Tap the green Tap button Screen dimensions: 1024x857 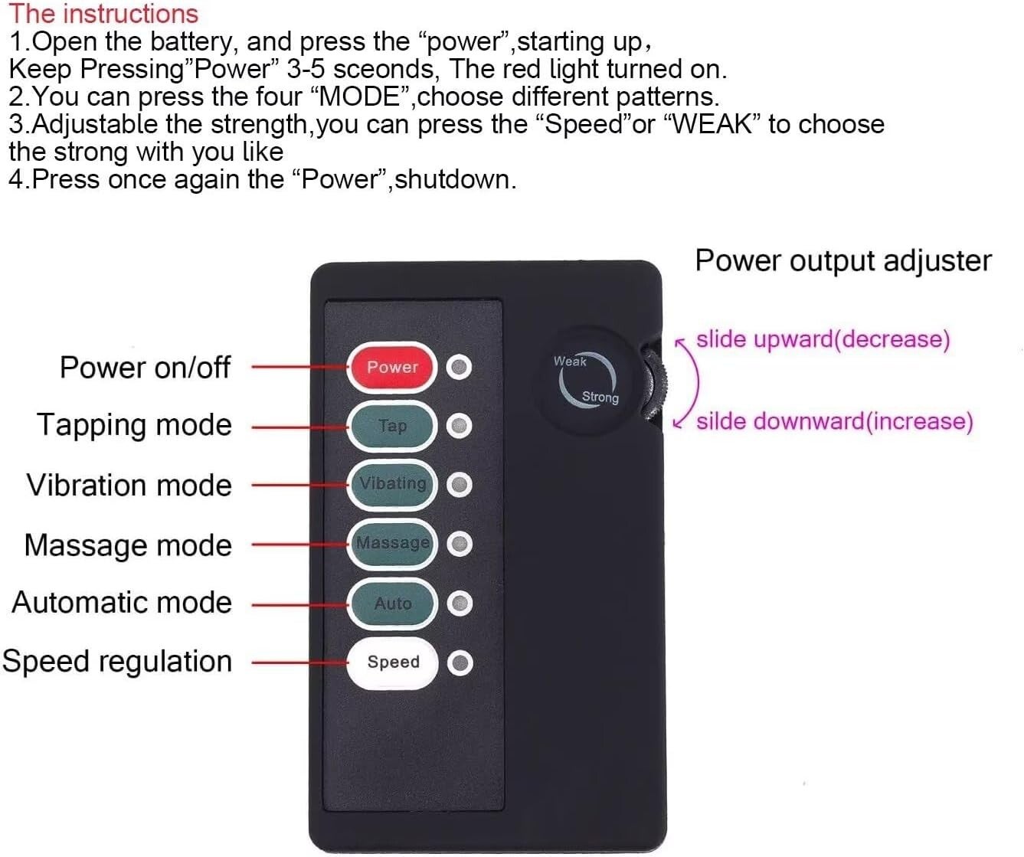(x=392, y=426)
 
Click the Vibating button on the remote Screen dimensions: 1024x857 (x=392, y=485)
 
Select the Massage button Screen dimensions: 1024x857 (x=392, y=544)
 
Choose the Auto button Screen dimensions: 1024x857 (x=392, y=603)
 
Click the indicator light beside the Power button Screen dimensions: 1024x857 (x=459, y=367)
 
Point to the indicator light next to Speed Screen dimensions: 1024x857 (x=460, y=663)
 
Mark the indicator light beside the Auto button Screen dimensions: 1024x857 (x=460, y=603)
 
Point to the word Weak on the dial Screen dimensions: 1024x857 (x=570, y=361)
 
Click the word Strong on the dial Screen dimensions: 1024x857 (x=600, y=397)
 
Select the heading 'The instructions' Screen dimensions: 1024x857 (x=103, y=13)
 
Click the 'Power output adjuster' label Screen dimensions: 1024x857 (x=843, y=260)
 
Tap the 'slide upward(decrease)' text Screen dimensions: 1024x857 (x=823, y=339)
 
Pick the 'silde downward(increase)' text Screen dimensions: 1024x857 (x=835, y=421)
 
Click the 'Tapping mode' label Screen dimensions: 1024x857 (x=134, y=425)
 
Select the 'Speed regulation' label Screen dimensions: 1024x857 (x=116, y=662)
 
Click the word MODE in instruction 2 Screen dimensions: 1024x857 (x=359, y=96)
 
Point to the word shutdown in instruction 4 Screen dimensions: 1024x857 (x=456, y=179)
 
